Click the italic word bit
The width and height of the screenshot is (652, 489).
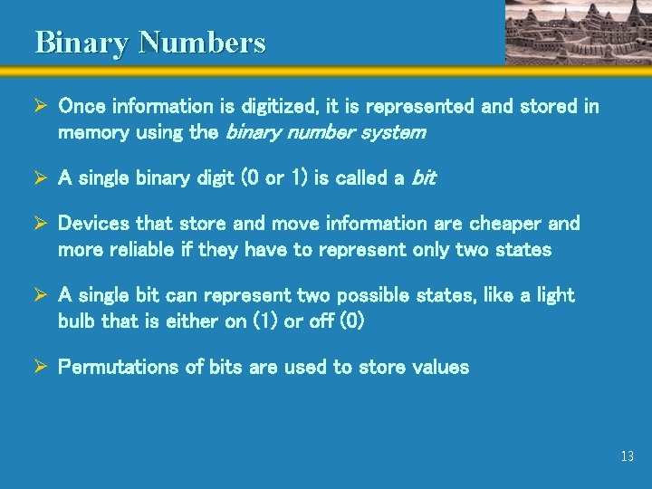click(x=424, y=178)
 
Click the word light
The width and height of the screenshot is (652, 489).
click(x=553, y=295)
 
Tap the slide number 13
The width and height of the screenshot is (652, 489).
click(x=628, y=456)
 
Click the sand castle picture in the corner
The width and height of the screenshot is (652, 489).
click(x=577, y=32)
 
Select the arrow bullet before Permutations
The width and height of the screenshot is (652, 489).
click(x=41, y=367)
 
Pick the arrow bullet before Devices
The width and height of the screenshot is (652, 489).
click(x=41, y=223)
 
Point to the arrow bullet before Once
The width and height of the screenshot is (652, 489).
click(x=41, y=107)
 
